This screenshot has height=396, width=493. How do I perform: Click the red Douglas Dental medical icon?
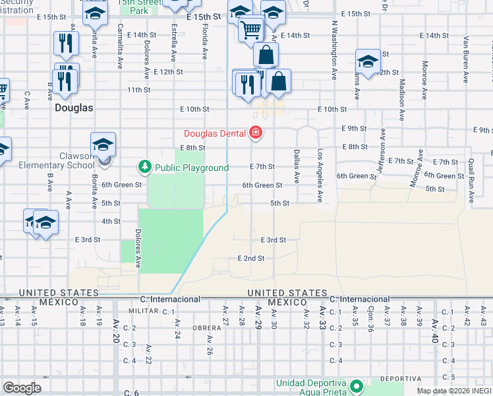[x=255, y=134]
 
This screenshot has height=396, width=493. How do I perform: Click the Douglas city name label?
[x=74, y=107]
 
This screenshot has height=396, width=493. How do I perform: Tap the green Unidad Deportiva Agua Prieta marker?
[x=357, y=385]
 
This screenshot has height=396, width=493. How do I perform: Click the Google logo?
[x=22, y=388]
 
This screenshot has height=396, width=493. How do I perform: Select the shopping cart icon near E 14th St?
[x=250, y=29]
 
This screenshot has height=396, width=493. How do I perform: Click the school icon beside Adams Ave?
[x=367, y=62]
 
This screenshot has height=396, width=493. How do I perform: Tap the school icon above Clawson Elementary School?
[x=103, y=145]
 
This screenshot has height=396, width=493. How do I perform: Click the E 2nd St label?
[x=251, y=258]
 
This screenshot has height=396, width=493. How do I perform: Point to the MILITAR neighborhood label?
[x=142, y=310]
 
